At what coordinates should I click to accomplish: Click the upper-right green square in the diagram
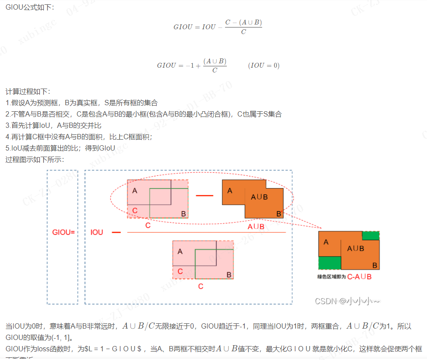[x=371, y=236]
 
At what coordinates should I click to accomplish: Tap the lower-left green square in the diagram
[x=329, y=263]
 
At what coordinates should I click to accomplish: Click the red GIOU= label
[x=64, y=233]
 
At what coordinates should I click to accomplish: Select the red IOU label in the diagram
[x=97, y=233]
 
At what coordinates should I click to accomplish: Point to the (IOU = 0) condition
[x=263, y=65]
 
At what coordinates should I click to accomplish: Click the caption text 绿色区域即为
[x=331, y=277]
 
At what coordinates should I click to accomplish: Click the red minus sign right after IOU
[x=116, y=233]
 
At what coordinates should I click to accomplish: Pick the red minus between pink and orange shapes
[x=205, y=195]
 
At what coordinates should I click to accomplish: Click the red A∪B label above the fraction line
[x=256, y=227]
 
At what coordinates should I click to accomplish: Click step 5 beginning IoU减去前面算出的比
[x=60, y=148]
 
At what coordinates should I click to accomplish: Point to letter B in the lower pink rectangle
[x=229, y=274]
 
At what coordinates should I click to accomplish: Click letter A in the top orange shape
[x=230, y=191]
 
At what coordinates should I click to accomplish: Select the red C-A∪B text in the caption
[x=359, y=277]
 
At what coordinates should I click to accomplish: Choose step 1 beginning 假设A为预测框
[x=81, y=103]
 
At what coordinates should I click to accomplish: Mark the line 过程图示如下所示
[x=35, y=160]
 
